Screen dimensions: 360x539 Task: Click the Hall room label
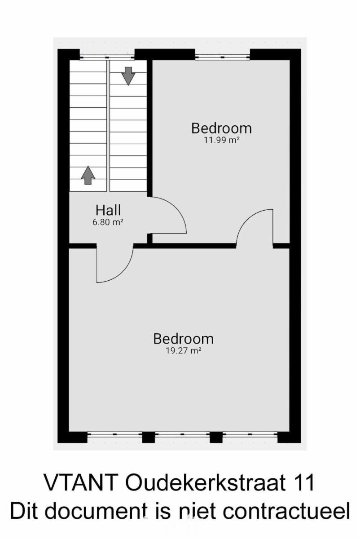pyautogui.click(x=108, y=210)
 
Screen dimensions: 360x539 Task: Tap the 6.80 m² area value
pyautogui.click(x=108, y=222)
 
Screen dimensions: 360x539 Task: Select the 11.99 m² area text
pyautogui.click(x=222, y=140)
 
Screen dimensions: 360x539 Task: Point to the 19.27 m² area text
pyautogui.click(x=183, y=351)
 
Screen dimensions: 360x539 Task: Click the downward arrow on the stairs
pyautogui.click(x=128, y=76)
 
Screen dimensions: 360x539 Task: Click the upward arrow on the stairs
pyautogui.click(x=88, y=175)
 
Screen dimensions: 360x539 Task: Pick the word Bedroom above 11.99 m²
pyautogui.click(x=221, y=128)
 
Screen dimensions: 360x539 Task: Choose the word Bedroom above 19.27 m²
pyautogui.click(x=184, y=339)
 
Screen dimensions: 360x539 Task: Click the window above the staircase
pyautogui.click(x=107, y=57)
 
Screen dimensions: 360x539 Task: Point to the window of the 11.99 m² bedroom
pyautogui.click(x=223, y=57)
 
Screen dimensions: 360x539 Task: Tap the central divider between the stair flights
pyautogui.click(x=108, y=126)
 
